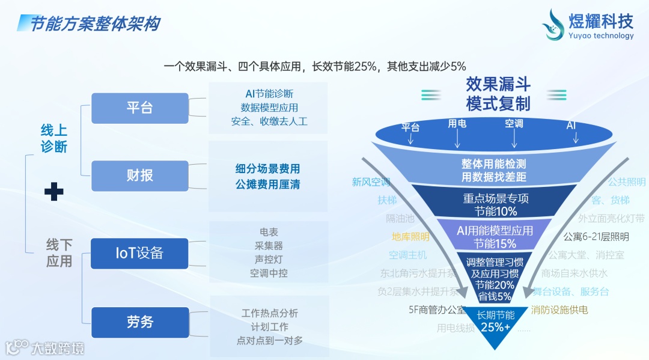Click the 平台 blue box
(139, 108)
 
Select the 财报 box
(139, 175)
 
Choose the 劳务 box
(139, 322)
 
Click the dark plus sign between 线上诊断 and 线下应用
(54, 192)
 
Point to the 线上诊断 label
(54, 138)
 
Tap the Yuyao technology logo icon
(553, 25)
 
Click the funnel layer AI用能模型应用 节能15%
(495, 237)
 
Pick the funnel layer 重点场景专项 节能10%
(495, 204)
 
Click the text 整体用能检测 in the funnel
(494, 163)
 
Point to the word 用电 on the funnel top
(457, 124)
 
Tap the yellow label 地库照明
(410, 237)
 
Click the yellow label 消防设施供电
(559, 310)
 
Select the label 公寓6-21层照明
(596, 237)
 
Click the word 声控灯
(269, 259)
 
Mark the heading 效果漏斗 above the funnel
(498, 84)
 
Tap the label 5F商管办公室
(437, 310)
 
